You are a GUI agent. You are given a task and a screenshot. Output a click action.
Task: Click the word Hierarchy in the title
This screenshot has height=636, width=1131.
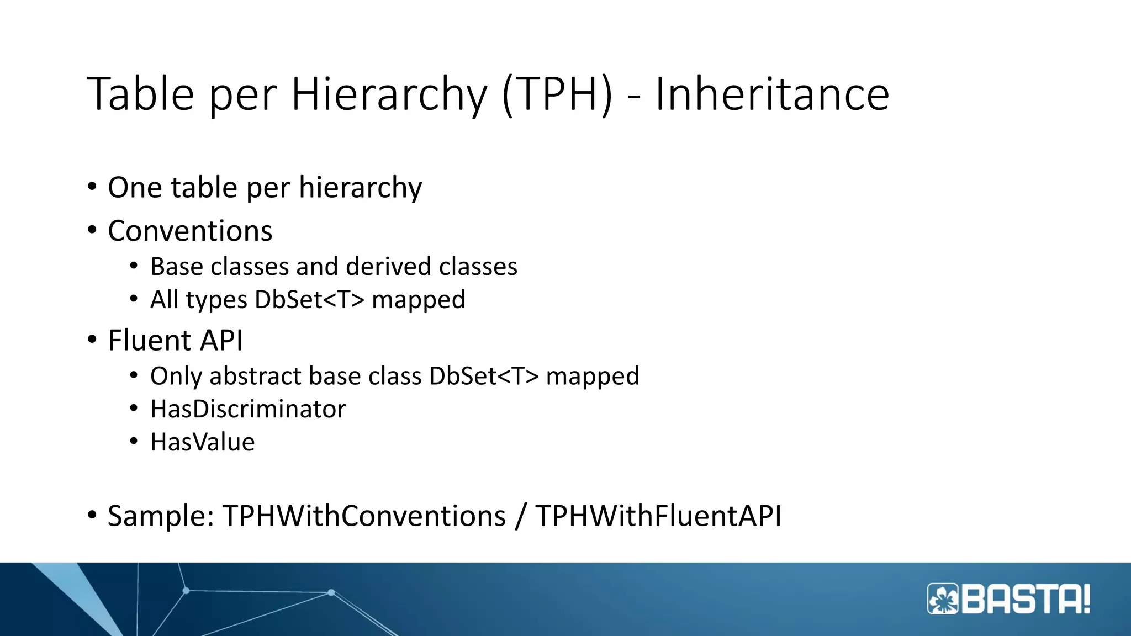[x=389, y=94]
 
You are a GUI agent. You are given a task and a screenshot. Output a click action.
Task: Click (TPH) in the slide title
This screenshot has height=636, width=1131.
[x=557, y=94]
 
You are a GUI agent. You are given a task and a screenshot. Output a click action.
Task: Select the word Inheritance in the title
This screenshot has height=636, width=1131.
[x=772, y=94]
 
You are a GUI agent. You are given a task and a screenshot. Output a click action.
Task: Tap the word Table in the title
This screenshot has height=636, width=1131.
[x=141, y=94]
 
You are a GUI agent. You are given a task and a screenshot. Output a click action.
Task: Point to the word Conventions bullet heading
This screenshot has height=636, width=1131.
[x=190, y=231]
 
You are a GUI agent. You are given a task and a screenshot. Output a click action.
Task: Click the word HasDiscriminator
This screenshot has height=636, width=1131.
[x=248, y=409]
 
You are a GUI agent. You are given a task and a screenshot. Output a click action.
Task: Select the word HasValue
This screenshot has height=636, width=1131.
[x=203, y=442]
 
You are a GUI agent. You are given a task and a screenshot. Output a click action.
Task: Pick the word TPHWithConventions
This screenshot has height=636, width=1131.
[x=364, y=516]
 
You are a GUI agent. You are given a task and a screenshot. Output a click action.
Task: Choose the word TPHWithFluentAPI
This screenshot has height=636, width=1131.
[x=658, y=516]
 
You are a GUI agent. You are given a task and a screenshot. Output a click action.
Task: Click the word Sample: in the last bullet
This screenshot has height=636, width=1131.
[x=161, y=516]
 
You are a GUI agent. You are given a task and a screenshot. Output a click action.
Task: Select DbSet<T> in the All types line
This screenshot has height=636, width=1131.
[x=309, y=300]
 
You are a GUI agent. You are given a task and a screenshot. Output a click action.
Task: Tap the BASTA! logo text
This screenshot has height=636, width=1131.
[x=1027, y=599]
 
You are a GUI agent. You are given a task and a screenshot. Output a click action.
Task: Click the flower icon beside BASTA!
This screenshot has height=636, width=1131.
[x=944, y=599]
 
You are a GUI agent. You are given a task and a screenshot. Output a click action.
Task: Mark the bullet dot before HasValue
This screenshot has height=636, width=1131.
[x=134, y=442]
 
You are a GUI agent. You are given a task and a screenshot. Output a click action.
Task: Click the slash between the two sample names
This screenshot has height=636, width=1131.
[x=520, y=516]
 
